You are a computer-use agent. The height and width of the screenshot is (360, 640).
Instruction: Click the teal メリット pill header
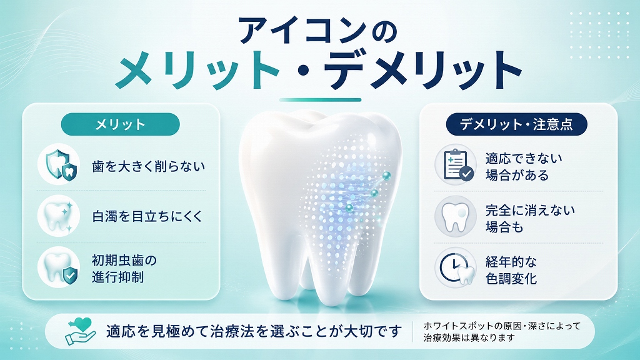[121, 124]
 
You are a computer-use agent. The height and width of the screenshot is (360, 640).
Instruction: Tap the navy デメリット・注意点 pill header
[516, 124]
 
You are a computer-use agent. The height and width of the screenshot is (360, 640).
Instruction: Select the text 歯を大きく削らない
[149, 166]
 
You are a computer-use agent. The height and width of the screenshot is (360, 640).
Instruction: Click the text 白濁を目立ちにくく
[147, 216]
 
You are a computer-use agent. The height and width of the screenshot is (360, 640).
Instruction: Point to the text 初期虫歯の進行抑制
[124, 269]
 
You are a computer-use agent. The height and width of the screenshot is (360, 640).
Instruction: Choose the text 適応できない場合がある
[524, 166]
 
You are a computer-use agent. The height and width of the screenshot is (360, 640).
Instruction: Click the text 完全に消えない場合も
[530, 218]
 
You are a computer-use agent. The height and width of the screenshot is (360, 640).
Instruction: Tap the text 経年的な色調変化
[511, 270]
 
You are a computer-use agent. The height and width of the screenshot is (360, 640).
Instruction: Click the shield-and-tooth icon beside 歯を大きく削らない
[59, 164]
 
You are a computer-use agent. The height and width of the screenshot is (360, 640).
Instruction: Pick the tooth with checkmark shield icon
[59, 267]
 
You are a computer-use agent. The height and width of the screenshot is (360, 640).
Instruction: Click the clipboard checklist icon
[456, 164]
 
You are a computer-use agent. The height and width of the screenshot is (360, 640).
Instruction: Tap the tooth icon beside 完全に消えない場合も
[456, 216]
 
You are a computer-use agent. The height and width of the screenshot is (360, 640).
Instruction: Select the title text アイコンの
[317, 30]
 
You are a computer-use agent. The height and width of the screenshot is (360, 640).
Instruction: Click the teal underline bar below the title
[320, 100]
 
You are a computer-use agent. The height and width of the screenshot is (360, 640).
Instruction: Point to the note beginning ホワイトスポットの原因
[502, 332]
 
